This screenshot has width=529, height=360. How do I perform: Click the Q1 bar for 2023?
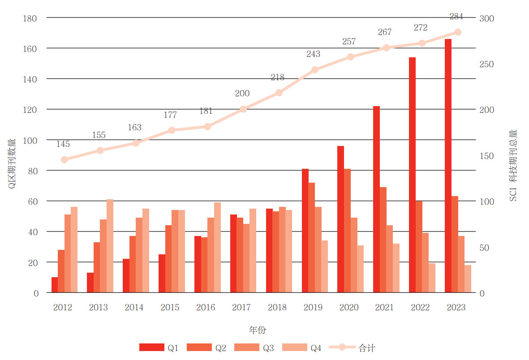448,166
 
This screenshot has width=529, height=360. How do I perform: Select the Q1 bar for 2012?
55,285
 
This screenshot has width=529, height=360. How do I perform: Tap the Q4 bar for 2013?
110,246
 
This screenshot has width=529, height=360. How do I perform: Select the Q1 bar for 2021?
376,199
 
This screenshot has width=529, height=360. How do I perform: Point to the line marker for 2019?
314,70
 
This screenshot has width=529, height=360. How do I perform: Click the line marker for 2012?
65,159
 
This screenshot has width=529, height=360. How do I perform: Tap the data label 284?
456,17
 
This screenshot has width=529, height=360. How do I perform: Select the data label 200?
242,94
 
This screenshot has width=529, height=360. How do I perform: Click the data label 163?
134,128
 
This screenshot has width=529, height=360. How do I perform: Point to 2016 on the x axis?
206,308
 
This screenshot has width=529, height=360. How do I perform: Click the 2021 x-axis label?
384,308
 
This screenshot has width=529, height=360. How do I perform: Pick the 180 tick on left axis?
30,18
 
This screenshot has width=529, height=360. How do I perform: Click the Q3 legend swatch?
246,347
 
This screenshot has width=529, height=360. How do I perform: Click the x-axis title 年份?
258,330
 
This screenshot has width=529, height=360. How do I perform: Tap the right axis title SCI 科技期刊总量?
513,166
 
